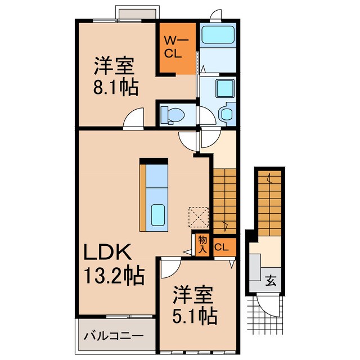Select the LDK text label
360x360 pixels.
[109, 251]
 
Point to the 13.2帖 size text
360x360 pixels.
[115, 275]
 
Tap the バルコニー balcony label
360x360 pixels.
[114, 336]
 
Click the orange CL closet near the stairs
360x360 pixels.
[222, 246]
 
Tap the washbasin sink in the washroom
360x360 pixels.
[228, 114]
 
